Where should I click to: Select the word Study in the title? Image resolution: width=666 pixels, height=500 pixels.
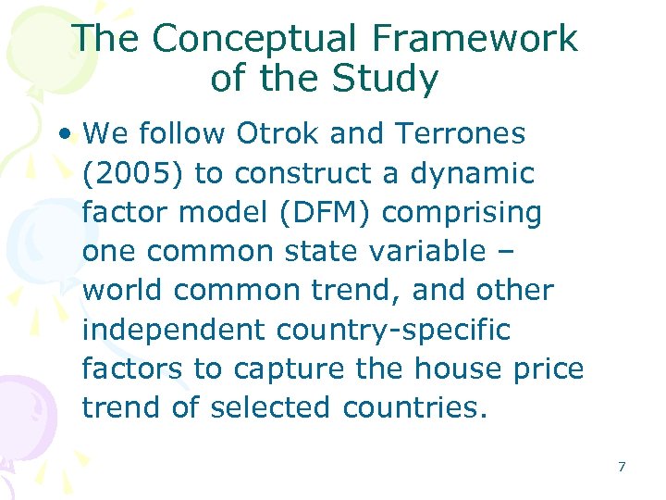tap(388, 80)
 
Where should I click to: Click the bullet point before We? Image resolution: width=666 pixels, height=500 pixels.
tap(61, 134)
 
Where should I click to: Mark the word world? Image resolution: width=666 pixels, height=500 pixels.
tap(123, 291)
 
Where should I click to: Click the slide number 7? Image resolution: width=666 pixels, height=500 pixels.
tap(622, 467)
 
